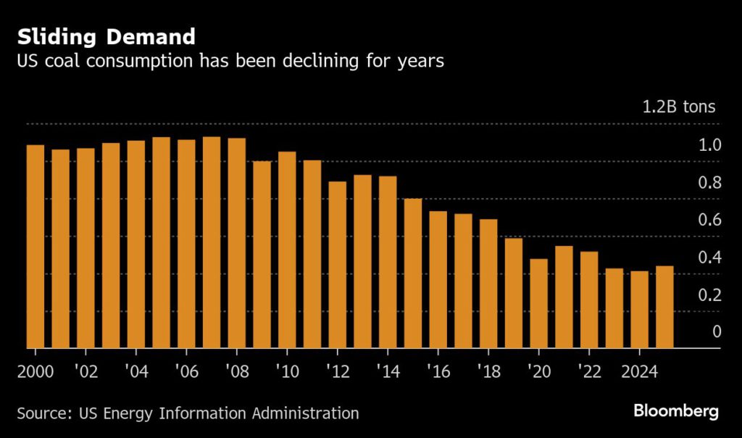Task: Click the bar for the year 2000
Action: tap(36, 247)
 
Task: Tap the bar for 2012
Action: tap(338, 265)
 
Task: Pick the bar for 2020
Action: tap(539, 303)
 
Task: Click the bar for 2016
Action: tap(438, 279)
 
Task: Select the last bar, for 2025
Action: tap(664, 307)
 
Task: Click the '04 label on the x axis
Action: tap(136, 372)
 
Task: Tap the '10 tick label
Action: tap(287, 372)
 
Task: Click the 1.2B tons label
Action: tap(678, 107)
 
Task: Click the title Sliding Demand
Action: tap(107, 36)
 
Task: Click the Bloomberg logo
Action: tap(675, 411)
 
